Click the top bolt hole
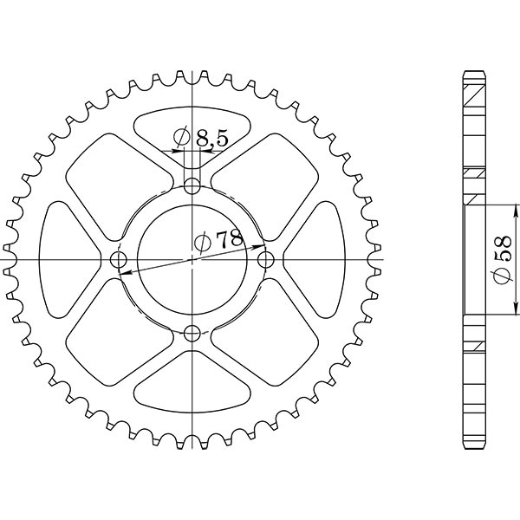(x=192, y=185)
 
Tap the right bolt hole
(x=266, y=259)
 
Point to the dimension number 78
(x=230, y=242)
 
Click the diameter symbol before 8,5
(x=182, y=137)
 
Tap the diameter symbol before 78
(x=201, y=244)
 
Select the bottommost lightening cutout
(x=192, y=390)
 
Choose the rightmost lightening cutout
(x=319, y=259)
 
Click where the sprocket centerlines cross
(x=192, y=259)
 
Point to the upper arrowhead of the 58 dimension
(x=517, y=209)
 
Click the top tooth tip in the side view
(x=474, y=71)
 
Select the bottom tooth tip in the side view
(x=474, y=449)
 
